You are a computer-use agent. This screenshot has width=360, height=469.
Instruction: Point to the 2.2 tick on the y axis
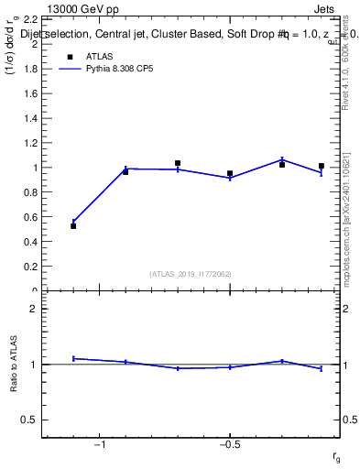(28, 19)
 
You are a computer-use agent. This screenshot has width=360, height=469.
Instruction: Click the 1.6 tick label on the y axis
(28, 93)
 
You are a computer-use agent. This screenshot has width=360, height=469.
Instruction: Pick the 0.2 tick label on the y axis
(28, 267)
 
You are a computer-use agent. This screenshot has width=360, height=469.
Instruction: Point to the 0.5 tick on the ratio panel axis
(28, 420)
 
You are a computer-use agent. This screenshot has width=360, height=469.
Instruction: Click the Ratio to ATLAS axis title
(14, 364)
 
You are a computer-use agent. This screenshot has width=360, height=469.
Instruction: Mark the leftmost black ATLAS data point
(73, 225)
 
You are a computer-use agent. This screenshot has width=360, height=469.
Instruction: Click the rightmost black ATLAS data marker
(322, 166)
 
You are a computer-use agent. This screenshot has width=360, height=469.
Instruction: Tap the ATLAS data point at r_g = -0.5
(230, 173)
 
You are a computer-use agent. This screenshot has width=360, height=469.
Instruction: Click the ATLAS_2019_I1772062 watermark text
(191, 274)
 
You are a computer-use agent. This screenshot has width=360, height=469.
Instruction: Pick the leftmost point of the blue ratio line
(73, 358)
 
